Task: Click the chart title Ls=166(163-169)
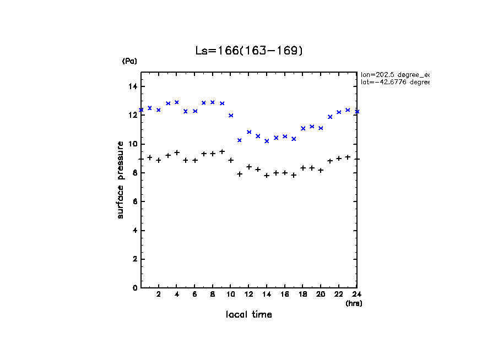(249, 51)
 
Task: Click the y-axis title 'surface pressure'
(121, 179)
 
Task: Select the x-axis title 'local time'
(249, 314)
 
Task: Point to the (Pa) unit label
(129, 61)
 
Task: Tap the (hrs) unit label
(354, 303)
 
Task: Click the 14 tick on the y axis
(133, 86)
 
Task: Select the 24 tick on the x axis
(356, 294)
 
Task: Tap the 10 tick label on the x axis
(230, 294)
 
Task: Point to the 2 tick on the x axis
(159, 294)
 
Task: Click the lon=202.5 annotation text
(394, 74)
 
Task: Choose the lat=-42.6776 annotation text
(394, 82)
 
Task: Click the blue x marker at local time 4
(177, 102)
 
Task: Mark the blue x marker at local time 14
(267, 141)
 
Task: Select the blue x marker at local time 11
(240, 140)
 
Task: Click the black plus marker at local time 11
(240, 174)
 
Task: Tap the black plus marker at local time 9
(222, 151)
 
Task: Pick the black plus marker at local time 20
(321, 171)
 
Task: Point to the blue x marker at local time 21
(330, 117)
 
